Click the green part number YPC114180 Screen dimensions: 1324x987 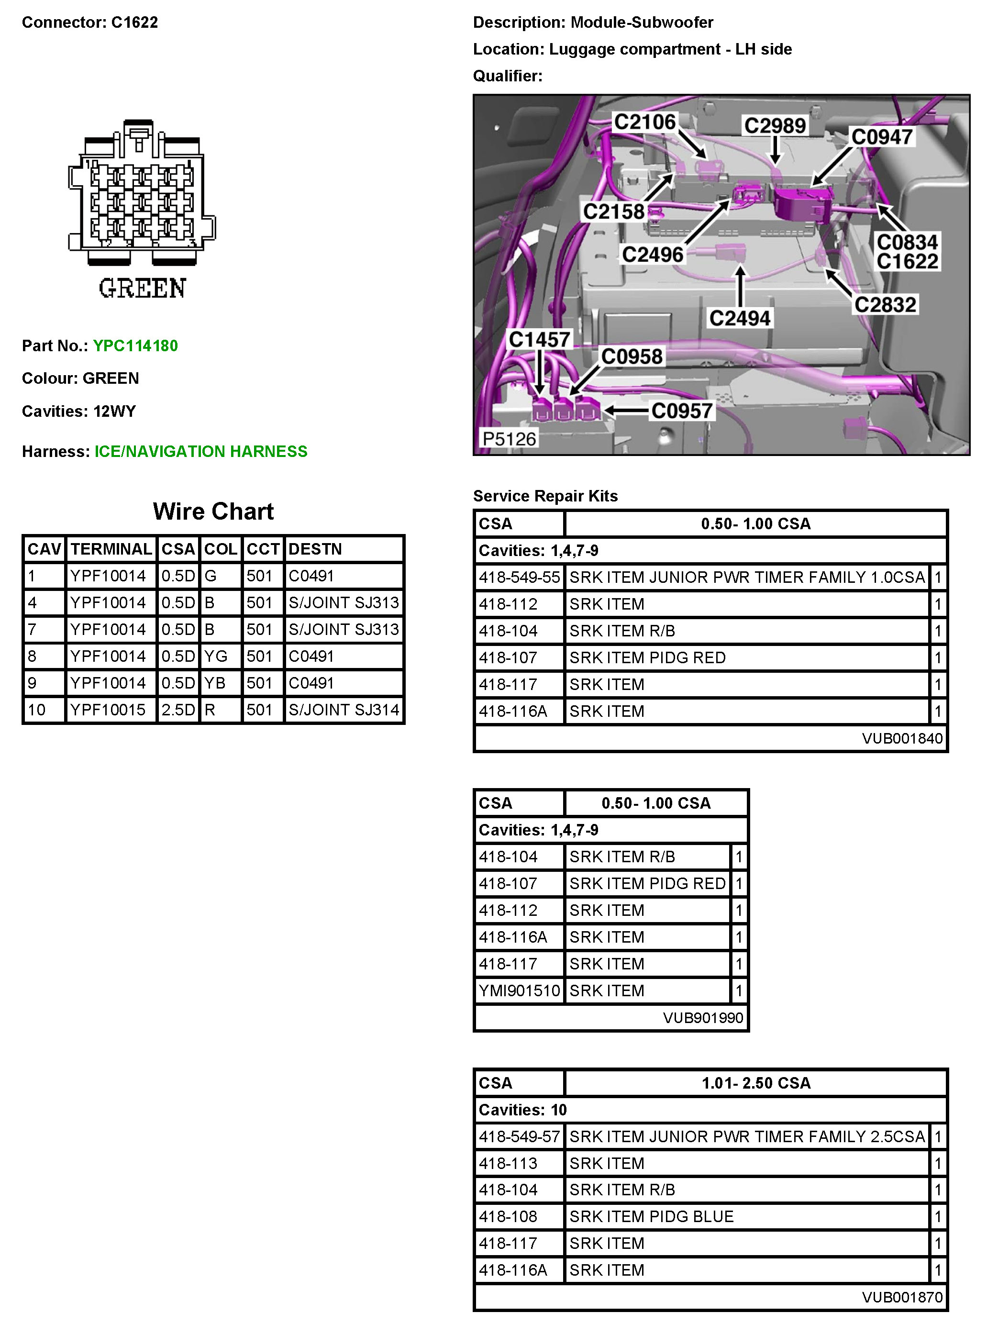[x=135, y=346]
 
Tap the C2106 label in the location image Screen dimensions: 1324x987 [x=644, y=122]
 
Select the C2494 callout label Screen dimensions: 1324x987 [x=740, y=318]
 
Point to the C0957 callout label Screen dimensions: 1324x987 [x=682, y=411]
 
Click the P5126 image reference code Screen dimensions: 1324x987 [x=509, y=439]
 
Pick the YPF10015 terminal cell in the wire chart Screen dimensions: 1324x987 [x=108, y=710]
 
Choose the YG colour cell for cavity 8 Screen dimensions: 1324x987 [x=216, y=656]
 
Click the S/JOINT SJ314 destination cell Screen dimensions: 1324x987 [x=344, y=710]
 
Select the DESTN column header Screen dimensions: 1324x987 [x=315, y=549]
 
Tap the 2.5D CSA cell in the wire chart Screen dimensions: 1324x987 [x=178, y=710]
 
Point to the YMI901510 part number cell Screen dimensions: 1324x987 [x=519, y=990]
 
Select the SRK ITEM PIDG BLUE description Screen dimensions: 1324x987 [x=651, y=1216]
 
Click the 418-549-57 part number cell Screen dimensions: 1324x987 [x=519, y=1136]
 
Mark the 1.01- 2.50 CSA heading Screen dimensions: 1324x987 [x=756, y=1083]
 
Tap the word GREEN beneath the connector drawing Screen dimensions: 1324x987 [x=142, y=289]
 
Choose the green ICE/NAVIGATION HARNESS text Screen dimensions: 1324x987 [x=201, y=452]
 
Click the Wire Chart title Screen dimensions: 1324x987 [x=213, y=512]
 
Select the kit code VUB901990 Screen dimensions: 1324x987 [x=703, y=1018]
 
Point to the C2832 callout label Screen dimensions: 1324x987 [x=885, y=305]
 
